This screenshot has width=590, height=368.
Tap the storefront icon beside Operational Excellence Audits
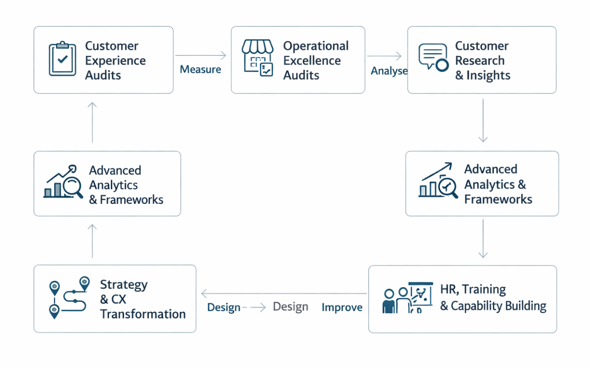(258, 57)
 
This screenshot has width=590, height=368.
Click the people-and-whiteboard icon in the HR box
(407, 298)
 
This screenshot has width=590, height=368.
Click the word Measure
(200, 69)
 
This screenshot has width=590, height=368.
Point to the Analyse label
(389, 71)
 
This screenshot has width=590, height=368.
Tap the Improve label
(342, 307)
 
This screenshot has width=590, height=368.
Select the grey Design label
(290, 307)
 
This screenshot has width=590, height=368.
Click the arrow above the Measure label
(201, 56)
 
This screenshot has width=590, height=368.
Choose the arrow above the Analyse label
(384, 56)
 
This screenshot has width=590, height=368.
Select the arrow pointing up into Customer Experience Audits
(92, 122)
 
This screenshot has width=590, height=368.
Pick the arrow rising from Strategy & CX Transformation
(92, 241)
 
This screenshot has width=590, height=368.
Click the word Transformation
(143, 314)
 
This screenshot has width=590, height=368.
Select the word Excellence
(312, 61)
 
